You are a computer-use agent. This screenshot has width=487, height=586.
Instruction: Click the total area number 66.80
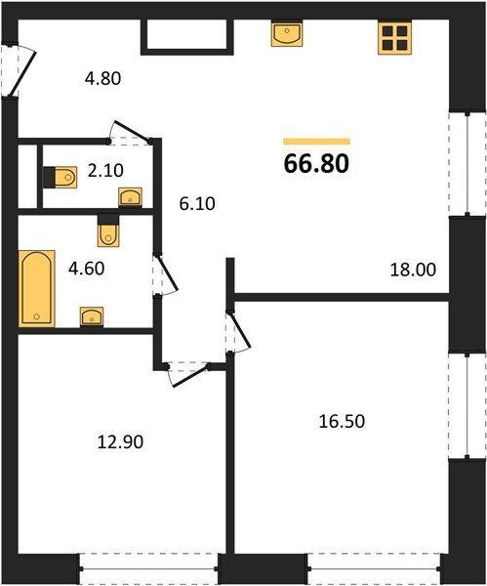coord(316,164)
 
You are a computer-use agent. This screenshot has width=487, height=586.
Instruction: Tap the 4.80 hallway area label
coord(102,79)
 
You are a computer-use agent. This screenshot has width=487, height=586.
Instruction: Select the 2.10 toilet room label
coord(105,171)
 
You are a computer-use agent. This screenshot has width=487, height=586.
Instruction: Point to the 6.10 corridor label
coord(197,204)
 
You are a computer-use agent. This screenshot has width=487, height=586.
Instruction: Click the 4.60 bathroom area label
coord(86,269)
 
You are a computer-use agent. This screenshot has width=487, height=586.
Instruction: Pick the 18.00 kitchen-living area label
coord(413,270)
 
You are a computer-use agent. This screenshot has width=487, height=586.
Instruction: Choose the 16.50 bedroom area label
coord(342,421)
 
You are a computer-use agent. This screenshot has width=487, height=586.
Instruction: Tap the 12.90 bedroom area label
coord(120,442)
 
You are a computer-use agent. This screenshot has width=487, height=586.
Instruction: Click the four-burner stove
coord(394,38)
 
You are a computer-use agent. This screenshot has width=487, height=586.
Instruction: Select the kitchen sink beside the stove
coord(287,33)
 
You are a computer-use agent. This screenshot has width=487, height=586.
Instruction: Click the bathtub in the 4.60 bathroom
coord(37,288)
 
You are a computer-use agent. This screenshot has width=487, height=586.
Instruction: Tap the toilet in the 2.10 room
coord(61,177)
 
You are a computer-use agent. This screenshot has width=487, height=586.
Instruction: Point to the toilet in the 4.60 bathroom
coord(108,230)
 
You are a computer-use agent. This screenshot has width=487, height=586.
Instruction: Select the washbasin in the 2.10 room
coord(130,197)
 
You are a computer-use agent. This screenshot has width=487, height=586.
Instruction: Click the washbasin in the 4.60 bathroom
coord(92,316)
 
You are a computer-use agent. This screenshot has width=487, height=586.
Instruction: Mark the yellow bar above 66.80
coord(317,142)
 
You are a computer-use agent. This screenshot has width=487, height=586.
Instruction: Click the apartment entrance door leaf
coord(22,73)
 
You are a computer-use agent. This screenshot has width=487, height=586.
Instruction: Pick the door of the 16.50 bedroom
coord(240,330)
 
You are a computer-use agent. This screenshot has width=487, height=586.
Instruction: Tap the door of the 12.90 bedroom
coord(189,376)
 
